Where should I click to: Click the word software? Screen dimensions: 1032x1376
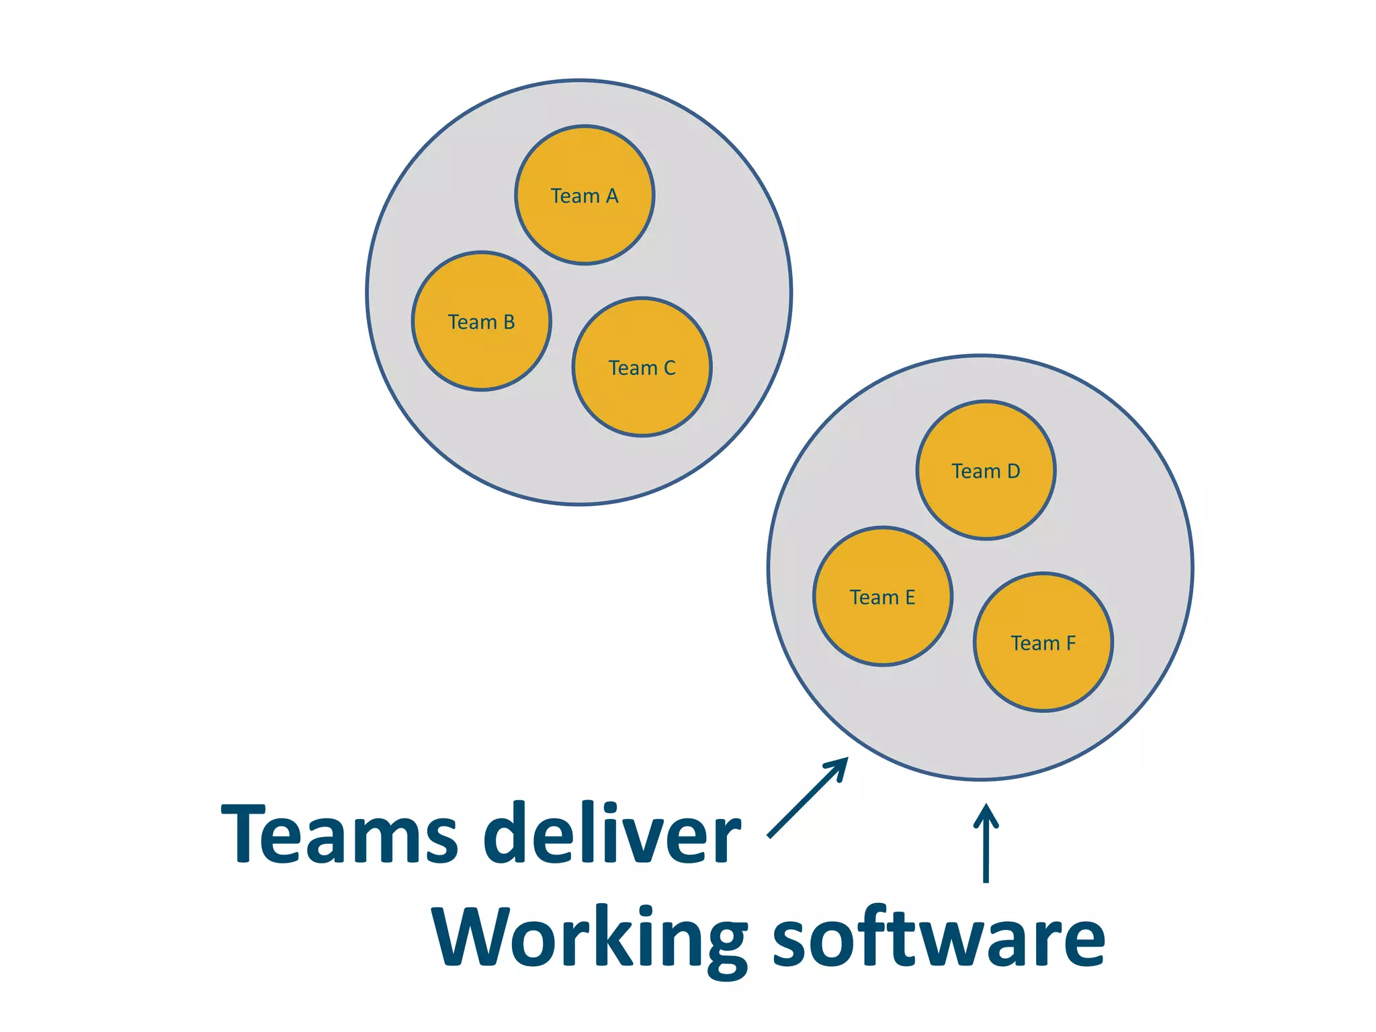[939, 937]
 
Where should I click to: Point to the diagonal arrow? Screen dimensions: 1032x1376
[807, 798]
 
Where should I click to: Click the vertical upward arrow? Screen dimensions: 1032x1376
[986, 843]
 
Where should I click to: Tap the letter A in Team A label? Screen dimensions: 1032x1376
[611, 196]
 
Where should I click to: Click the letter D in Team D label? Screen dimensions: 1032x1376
[1013, 472]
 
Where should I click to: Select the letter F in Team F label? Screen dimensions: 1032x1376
[1071, 644]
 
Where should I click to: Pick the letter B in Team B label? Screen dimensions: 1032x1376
[509, 322]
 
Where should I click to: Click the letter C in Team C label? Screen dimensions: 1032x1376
[669, 368]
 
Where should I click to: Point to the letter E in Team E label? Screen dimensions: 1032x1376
[910, 597]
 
